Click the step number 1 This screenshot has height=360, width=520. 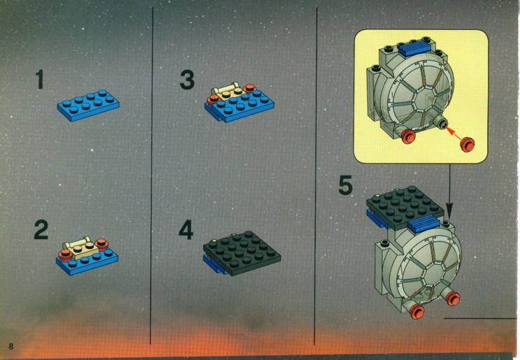coord(40,79)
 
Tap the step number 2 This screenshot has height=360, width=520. coord(41,230)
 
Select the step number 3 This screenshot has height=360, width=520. coord(187,80)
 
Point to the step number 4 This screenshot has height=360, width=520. coord(186,230)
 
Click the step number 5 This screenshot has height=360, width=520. coord(345,185)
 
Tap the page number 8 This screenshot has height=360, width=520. coord(11,347)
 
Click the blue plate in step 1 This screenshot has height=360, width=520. coord(88,105)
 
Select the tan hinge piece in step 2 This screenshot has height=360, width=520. coord(79,248)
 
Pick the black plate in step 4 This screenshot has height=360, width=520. coord(242,253)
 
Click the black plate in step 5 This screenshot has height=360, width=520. coord(405,208)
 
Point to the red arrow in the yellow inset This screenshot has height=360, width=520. coord(454,132)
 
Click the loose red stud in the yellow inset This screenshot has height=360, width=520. coord(468,144)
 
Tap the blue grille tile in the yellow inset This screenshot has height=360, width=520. coord(414,49)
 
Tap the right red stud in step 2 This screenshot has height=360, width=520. coord(101,244)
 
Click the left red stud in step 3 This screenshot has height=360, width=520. coord(213,99)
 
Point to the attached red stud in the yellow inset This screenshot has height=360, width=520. coord(408,136)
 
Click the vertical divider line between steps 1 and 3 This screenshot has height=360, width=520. coord(152,176)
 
